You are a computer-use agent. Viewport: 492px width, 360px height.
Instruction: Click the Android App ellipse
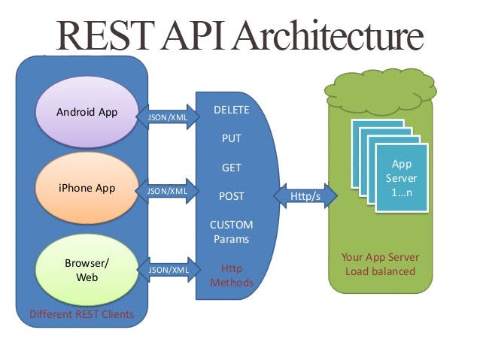click(86, 113)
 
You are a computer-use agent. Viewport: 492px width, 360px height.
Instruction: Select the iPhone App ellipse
click(86, 188)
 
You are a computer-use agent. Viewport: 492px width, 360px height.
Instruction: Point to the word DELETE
click(231, 110)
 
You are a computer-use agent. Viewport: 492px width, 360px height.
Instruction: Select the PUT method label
click(231, 138)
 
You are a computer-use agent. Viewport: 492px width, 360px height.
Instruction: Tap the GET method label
click(231, 168)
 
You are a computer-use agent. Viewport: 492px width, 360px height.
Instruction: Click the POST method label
click(231, 196)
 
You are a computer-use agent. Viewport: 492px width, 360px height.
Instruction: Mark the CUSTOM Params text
click(231, 231)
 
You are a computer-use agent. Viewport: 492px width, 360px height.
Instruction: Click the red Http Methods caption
click(231, 275)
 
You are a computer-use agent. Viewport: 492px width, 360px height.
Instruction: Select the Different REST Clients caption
click(81, 313)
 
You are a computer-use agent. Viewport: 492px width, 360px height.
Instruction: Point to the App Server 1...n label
click(401, 178)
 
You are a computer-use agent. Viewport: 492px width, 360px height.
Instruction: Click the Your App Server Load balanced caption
click(380, 264)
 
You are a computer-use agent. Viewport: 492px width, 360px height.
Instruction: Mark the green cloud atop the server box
click(380, 89)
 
